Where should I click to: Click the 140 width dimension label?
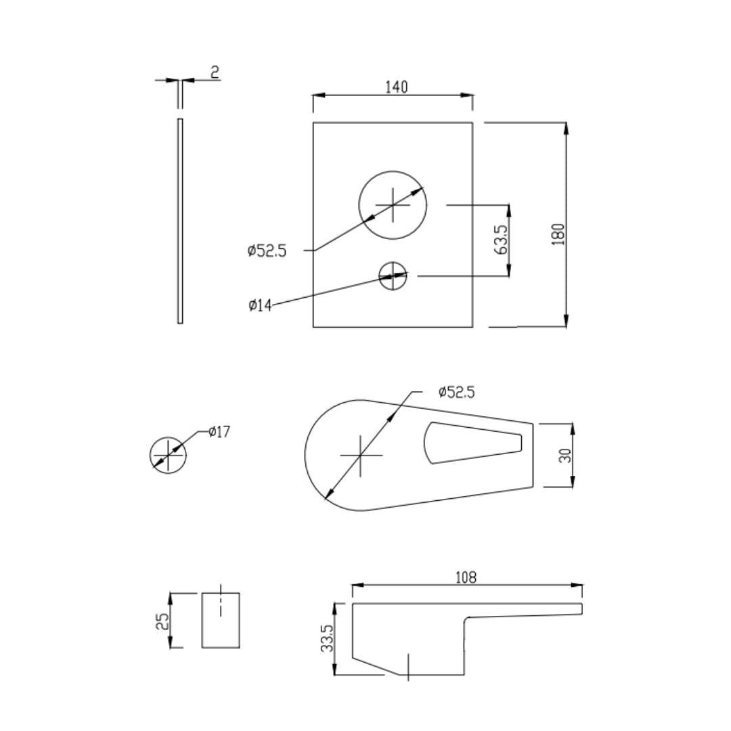(x=396, y=87)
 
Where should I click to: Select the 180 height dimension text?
(x=558, y=234)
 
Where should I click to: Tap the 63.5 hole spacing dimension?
(x=501, y=240)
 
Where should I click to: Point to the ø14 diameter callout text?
(x=260, y=305)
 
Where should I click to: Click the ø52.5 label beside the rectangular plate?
(x=267, y=251)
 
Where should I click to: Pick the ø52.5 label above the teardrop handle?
(x=456, y=393)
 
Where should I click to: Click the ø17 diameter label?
(x=219, y=432)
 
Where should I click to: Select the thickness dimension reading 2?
(x=215, y=72)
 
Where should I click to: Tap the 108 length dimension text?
(x=466, y=578)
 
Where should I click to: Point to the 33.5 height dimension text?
(x=328, y=639)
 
